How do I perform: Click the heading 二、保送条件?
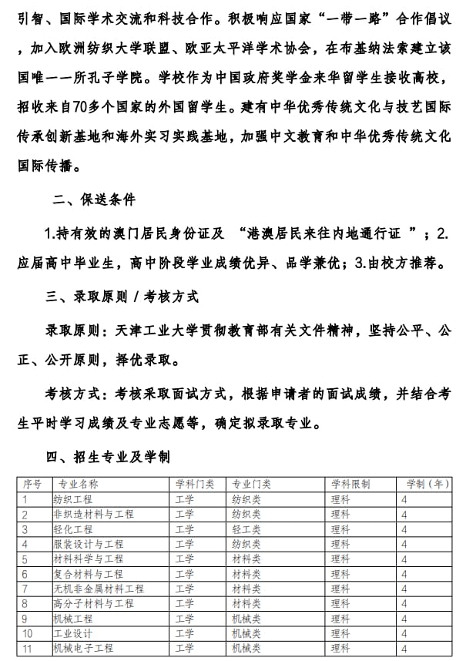pyautogui.click(x=94, y=200)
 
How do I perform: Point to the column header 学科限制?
pyautogui.click(x=350, y=485)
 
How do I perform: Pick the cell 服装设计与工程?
pyautogui.click(x=87, y=544)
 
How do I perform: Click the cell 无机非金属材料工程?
pyautogui.click(x=98, y=589)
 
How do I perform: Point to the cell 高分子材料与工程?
pyautogui.click(x=92, y=603)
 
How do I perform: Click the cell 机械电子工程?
pyautogui.click(x=82, y=648)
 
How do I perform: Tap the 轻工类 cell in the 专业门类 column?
pyautogui.click(x=246, y=529)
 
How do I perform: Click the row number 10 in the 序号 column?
pyautogui.click(x=28, y=633)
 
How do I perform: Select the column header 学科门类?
pyautogui.click(x=195, y=485)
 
